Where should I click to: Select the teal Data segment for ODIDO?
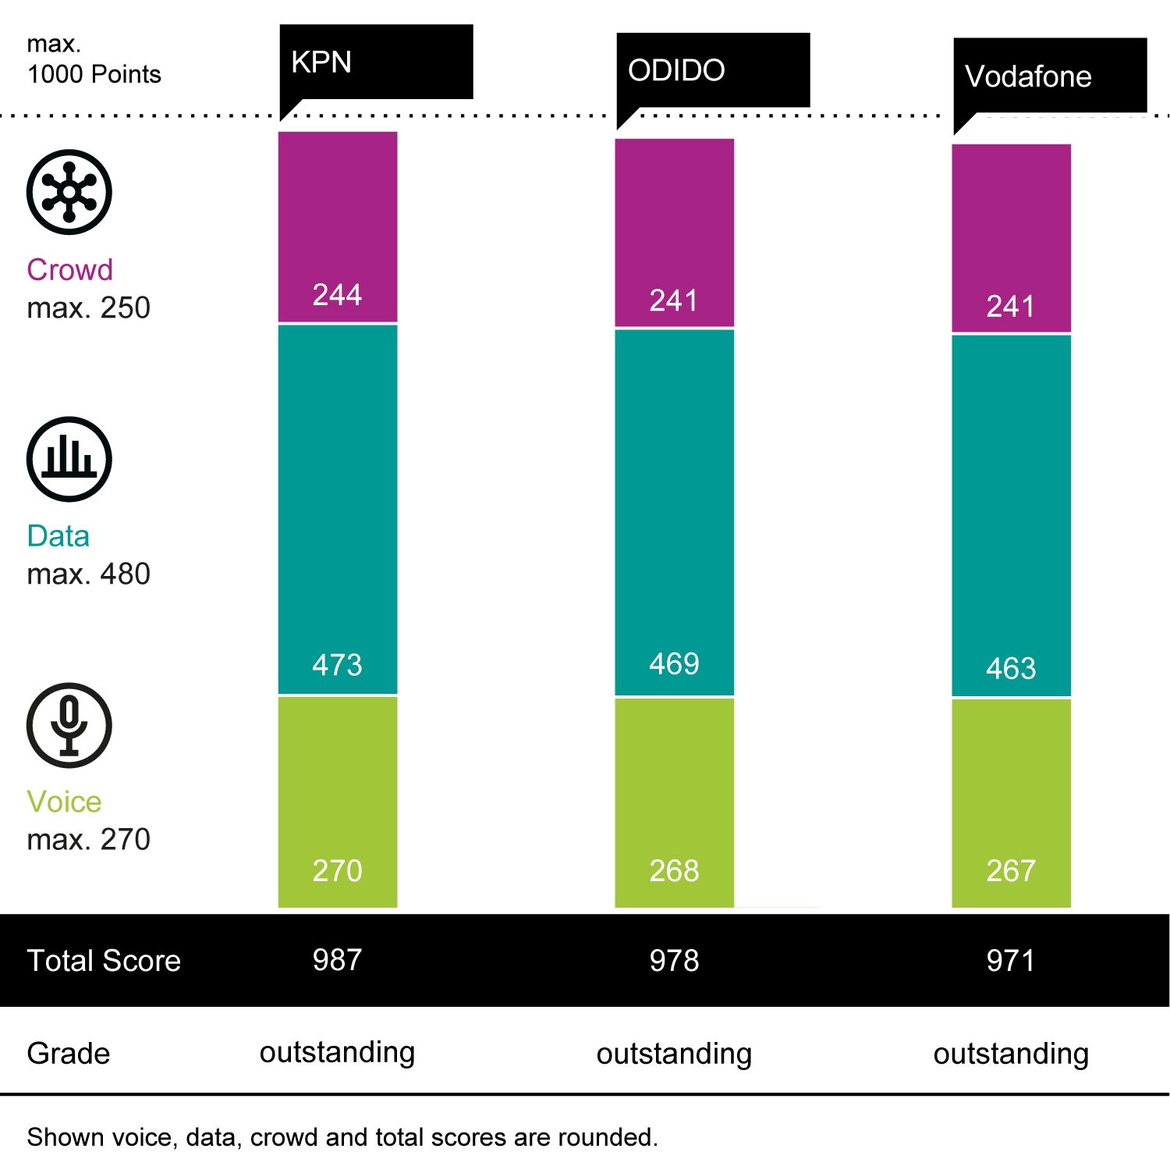click(674, 500)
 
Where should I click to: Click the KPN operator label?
click(321, 62)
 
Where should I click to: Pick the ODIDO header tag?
click(676, 70)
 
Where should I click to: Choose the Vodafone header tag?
click(1028, 76)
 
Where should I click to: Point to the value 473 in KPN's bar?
click(337, 665)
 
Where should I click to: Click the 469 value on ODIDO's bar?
click(674, 664)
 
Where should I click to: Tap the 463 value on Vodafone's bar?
click(1011, 669)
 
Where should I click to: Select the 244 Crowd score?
click(337, 295)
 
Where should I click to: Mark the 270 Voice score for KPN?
click(337, 871)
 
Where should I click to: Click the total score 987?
click(337, 960)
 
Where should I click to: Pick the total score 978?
click(674, 961)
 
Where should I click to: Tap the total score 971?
click(1011, 961)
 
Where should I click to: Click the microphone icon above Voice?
click(69, 725)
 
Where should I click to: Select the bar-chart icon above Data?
click(69, 459)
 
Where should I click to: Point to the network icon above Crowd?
click(69, 192)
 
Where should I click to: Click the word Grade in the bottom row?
click(69, 1054)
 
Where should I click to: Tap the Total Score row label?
click(104, 961)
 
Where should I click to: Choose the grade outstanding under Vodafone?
click(1011, 1054)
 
